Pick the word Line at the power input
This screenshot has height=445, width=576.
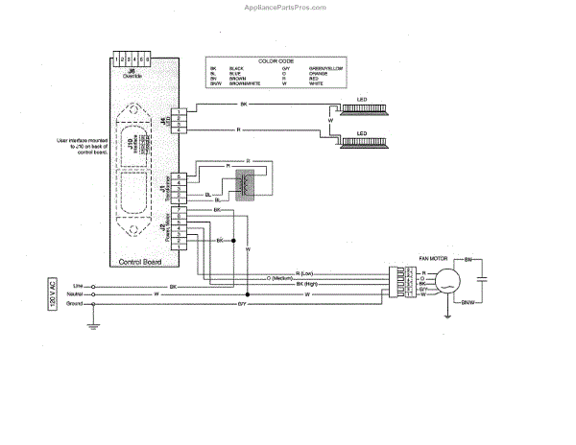(78, 286)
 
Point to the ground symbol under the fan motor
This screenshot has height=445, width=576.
(448, 312)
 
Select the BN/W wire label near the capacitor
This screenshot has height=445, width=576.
(468, 303)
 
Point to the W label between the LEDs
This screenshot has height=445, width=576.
(332, 121)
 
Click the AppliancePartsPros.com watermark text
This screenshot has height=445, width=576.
(287, 6)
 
